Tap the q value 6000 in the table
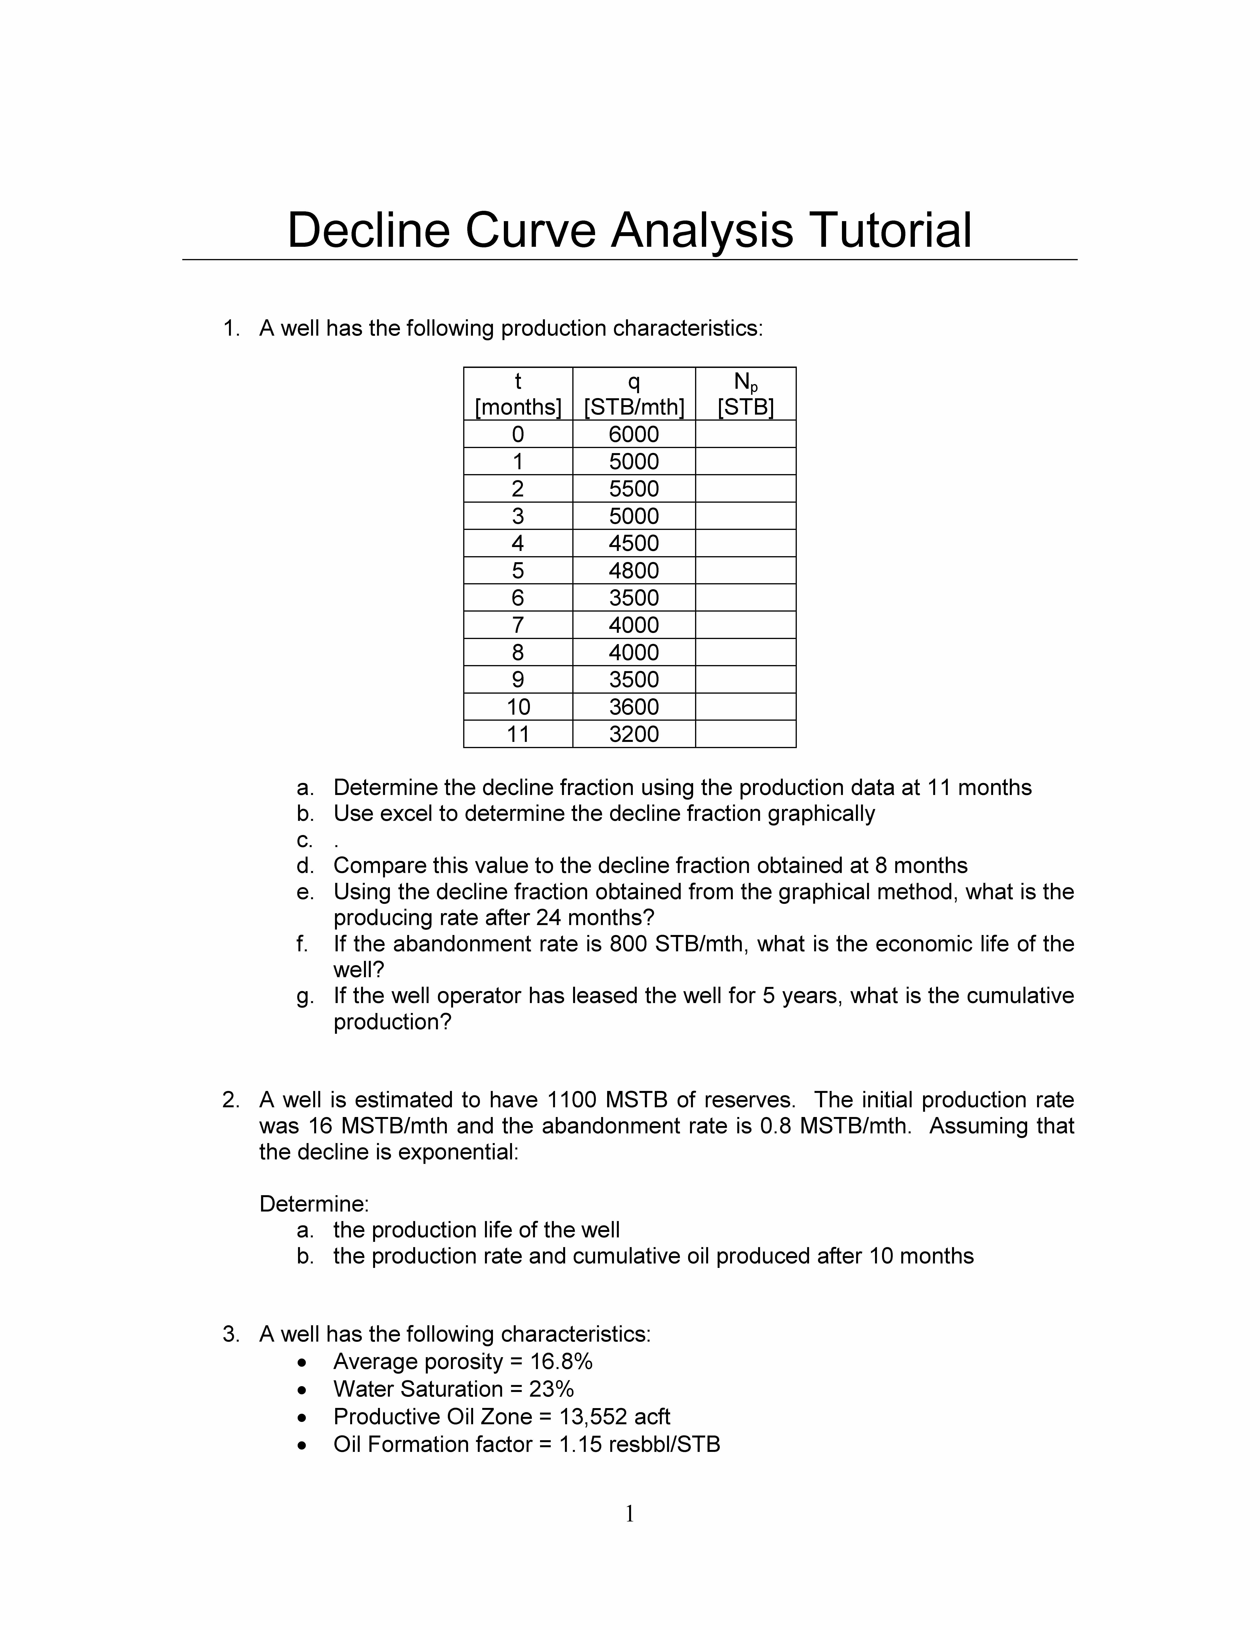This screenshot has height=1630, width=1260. [634, 434]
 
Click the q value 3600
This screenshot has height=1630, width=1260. [634, 707]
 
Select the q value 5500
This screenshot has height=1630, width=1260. [634, 489]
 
